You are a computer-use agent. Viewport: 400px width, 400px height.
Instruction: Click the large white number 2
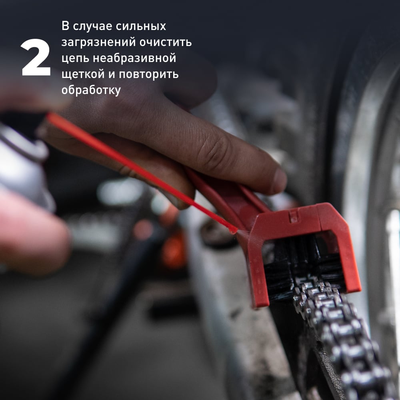coord(36,57)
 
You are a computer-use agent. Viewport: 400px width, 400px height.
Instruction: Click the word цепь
coord(75,58)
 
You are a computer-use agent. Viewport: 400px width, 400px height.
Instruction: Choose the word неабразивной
coord(134,58)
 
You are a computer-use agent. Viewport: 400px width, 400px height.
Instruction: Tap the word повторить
coord(149,74)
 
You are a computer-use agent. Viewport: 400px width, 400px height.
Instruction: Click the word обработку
coord(91,90)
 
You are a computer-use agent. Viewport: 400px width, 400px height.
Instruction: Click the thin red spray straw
coord(143,174)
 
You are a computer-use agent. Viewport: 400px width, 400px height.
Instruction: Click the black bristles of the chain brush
coord(304,265)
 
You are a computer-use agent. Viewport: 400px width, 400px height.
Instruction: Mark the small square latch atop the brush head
coord(293,216)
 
